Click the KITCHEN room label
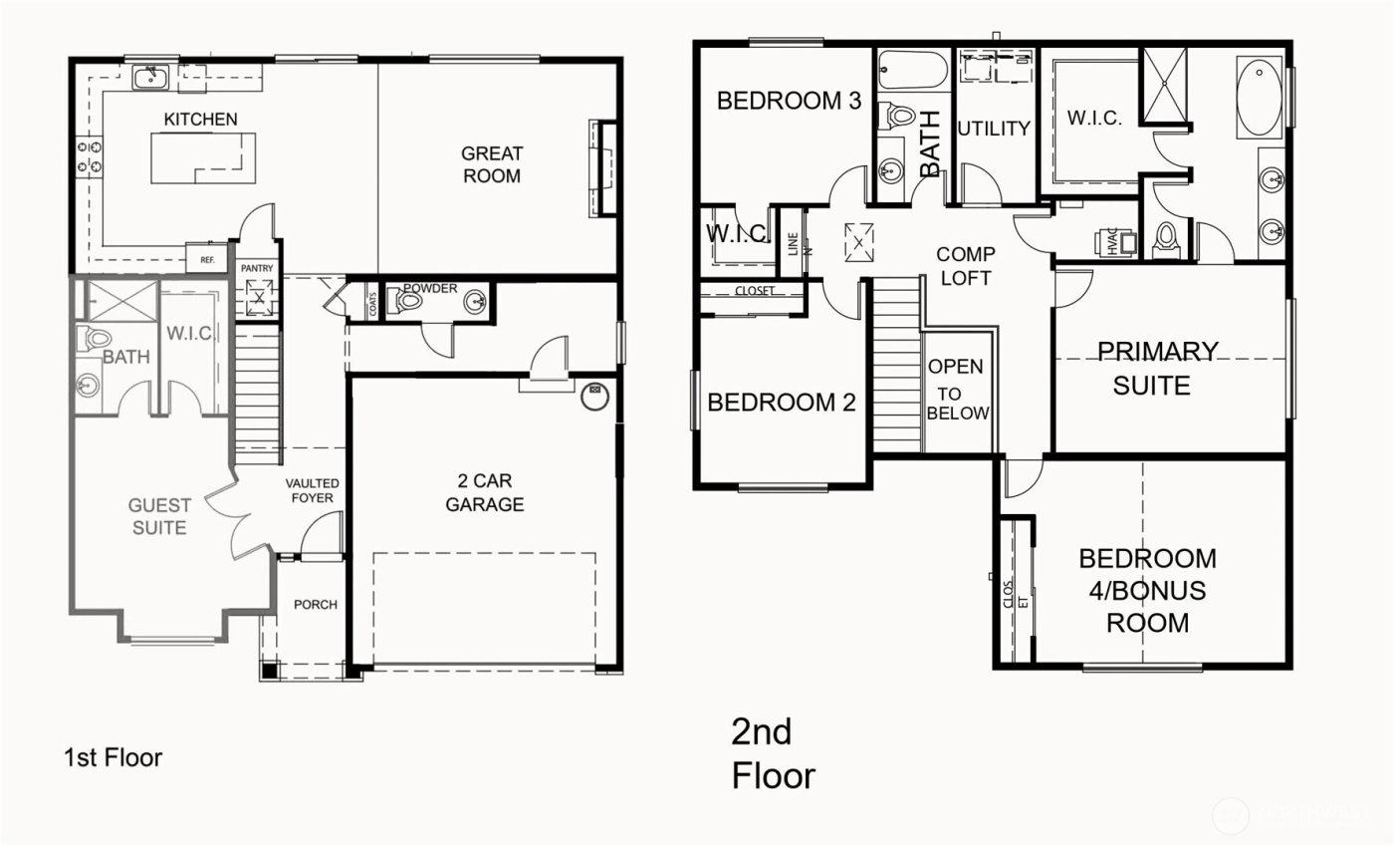200,120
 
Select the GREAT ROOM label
492,164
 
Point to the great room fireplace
603,166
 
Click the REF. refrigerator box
207,259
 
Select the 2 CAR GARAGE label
484,494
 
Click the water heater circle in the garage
594,396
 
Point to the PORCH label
315,605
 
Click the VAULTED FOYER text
311,490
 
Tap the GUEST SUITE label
159,517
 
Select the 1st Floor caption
113,758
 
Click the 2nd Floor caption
773,754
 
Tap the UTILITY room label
994,129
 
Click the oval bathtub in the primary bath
1260,100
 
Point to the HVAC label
1111,243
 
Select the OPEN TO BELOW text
958,390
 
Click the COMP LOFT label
966,266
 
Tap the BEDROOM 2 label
781,403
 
